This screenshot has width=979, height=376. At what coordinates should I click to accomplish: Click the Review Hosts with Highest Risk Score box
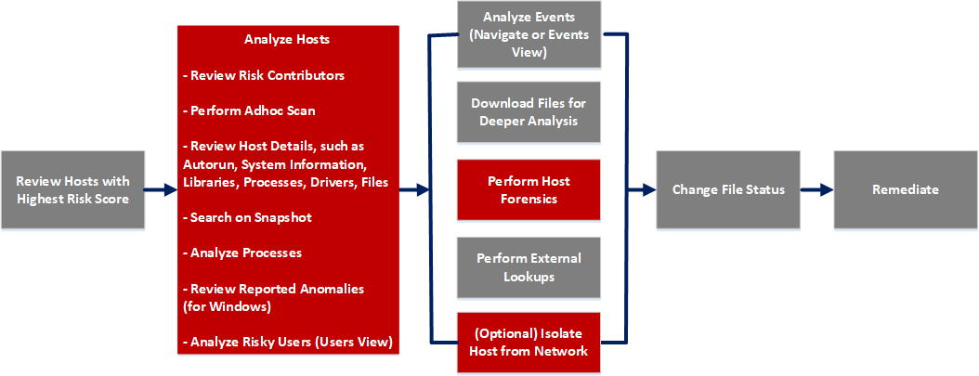73,189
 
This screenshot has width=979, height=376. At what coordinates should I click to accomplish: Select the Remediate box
905,189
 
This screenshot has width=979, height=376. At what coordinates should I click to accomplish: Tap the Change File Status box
728,189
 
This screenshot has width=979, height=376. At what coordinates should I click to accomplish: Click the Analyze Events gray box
529,35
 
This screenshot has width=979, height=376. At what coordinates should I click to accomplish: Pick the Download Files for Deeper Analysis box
529,112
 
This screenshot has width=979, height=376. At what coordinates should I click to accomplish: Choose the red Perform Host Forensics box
529,188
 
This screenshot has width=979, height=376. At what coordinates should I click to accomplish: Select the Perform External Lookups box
529,266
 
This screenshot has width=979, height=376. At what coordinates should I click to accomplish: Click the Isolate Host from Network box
529,342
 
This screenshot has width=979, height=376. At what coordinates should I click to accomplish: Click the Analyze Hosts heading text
287,40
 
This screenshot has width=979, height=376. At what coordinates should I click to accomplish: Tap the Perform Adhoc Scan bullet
252,110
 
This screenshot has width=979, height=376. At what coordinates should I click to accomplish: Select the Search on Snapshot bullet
251,217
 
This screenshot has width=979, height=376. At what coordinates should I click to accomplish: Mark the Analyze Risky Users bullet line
289,343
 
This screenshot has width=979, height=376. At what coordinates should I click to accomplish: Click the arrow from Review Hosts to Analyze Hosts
161,189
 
